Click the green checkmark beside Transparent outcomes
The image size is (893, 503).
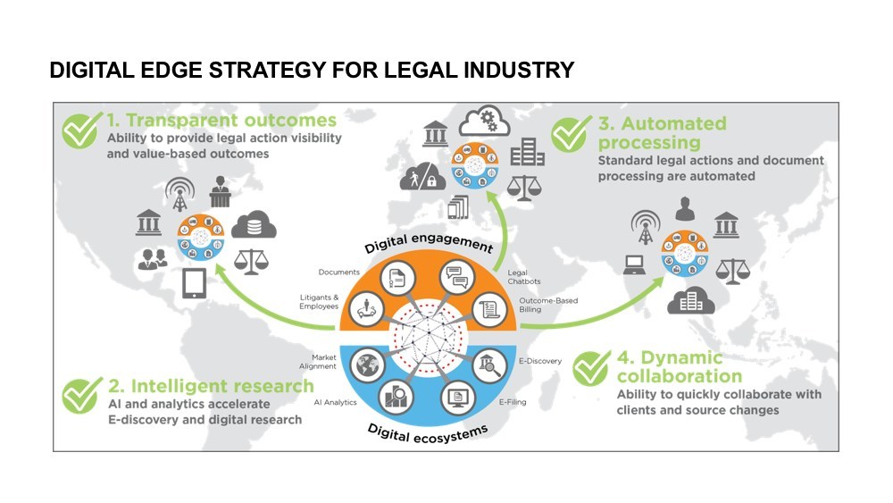[81, 130]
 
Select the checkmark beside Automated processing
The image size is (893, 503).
[571, 134]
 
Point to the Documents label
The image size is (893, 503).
[338, 272]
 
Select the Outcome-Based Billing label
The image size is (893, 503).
[547, 306]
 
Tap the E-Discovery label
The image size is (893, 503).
[539, 361]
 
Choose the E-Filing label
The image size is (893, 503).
[512, 402]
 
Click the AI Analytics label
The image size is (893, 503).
[335, 402]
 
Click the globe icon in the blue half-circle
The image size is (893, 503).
[367, 366]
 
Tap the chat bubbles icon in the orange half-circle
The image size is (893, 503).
[458, 277]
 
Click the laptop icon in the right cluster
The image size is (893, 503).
[634, 264]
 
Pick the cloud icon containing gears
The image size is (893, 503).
[489, 122]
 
